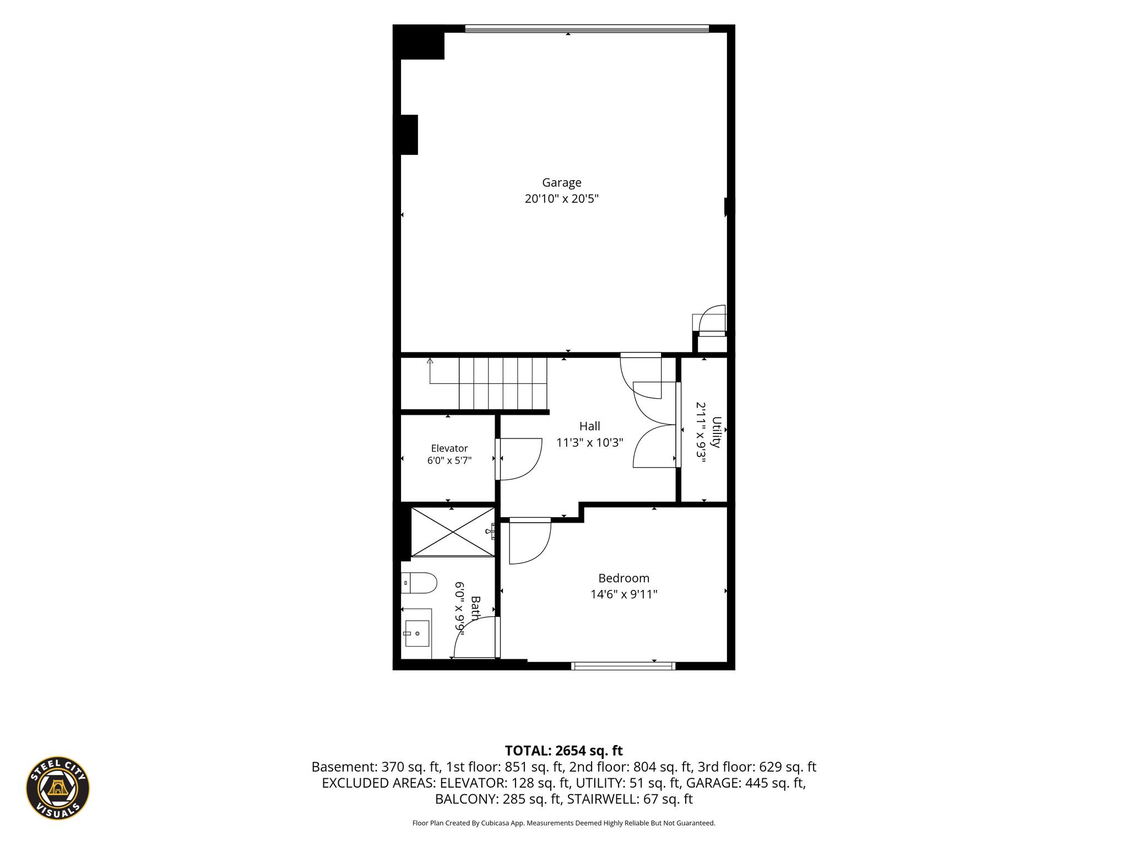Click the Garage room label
(x=561, y=183)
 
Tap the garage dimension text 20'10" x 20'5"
(x=561, y=199)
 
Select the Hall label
(x=589, y=426)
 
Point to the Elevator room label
(x=449, y=448)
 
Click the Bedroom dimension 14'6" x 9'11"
(x=623, y=594)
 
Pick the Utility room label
(x=716, y=432)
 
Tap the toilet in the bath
(x=419, y=583)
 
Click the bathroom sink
(x=417, y=633)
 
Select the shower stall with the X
(x=453, y=532)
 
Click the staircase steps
(x=503, y=383)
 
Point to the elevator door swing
(x=519, y=459)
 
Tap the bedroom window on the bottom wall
(x=623, y=666)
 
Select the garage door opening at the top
(x=587, y=29)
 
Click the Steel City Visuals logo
(x=58, y=788)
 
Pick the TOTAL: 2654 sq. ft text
(x=563, y=751)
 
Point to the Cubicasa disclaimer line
(x=563, y=823)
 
